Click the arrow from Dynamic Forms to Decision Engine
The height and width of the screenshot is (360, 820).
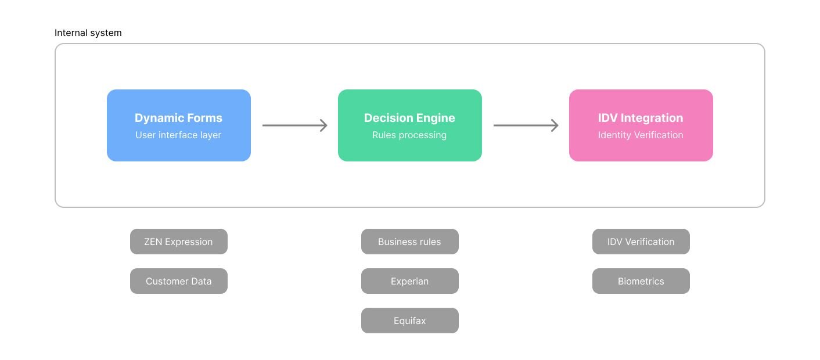[294, 125]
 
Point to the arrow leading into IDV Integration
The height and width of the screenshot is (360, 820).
[526, 125]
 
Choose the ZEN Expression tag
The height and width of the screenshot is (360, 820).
[178, 242]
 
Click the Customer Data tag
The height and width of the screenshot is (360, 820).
[178, 281]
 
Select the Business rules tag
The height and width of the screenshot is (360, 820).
[409, 242]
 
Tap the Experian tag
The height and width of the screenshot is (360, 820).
[409, 281]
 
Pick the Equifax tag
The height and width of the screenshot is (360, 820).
[409, 321]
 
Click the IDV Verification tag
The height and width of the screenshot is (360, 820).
[641, 242]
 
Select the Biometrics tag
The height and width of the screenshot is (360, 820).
[641, 281]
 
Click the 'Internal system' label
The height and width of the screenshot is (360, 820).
[88, 33]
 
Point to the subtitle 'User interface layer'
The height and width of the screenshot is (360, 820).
[178, 135]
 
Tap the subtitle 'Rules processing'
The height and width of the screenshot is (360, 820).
[409, 135]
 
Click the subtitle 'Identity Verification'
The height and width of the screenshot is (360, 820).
[641, 135]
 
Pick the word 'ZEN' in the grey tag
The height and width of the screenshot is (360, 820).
[153, 242]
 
